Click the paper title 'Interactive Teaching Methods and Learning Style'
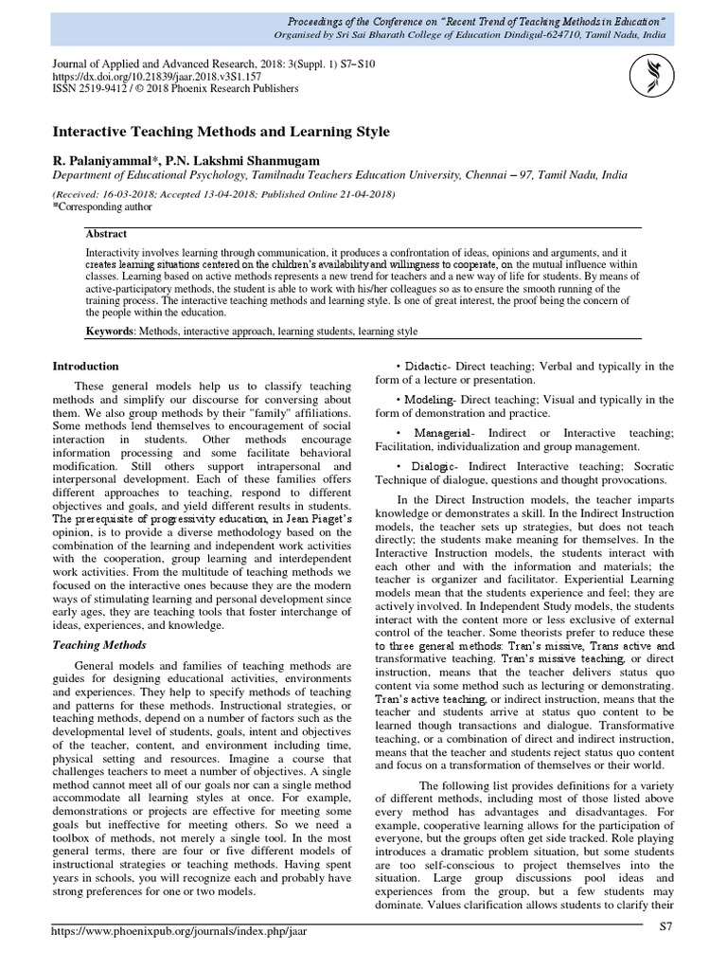(x=221, y=131)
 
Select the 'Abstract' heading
(x=106, y=234)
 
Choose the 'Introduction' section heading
(x=85, y=367)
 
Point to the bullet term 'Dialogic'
(x=440, y=466)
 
